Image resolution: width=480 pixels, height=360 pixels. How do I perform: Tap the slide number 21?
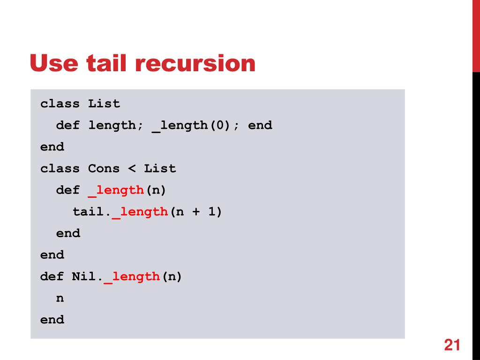point(451,345)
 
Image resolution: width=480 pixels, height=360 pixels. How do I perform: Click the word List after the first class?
point(104,104)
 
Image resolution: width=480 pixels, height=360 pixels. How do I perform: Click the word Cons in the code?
point(104,168)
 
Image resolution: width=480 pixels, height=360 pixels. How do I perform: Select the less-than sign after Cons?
point(132,168)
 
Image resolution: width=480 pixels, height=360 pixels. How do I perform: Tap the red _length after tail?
point(140,212)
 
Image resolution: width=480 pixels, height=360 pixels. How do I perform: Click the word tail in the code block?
point(88,212)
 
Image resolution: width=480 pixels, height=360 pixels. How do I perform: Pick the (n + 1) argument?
point(195,212)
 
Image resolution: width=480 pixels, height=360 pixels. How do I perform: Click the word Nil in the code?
point(84,277)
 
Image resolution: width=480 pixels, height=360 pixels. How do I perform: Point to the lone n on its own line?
point(60,298)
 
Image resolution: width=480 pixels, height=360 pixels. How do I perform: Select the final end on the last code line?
point(52,320)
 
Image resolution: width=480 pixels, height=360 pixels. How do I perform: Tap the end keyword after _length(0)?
point(260,126)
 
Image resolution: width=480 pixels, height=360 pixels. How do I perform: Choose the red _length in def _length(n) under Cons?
point(116,190)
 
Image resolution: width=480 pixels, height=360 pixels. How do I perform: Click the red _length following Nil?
point(132,277)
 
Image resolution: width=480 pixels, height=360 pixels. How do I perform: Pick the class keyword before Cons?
point(60,168)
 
